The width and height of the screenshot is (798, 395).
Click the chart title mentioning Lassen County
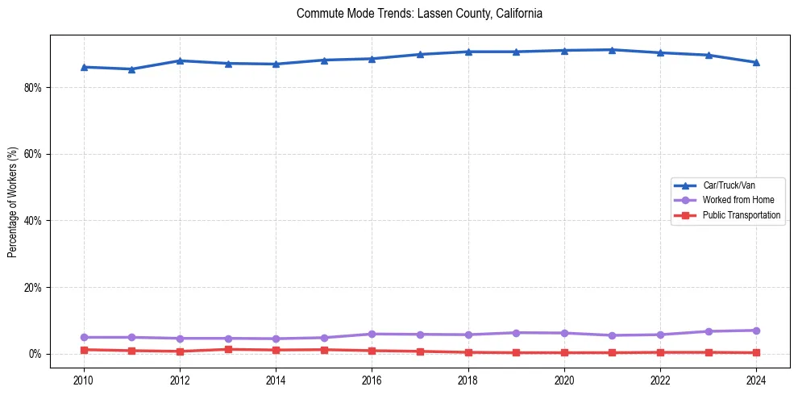[x=419, y=14]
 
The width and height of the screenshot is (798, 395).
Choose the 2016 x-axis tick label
[x=372, y=380]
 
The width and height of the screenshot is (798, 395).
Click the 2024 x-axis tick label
[x=756, y=380]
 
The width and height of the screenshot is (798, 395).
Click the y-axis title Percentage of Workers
[x=13, y=202]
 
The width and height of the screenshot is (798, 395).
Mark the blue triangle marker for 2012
[x=180, y=60]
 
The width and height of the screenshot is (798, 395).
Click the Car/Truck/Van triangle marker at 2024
[x=756, y=62]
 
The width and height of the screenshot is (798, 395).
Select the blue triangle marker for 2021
[x=612, y=50]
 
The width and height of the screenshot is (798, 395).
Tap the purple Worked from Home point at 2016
[x=372, y=334]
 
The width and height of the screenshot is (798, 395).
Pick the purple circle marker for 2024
[x=756, y=331]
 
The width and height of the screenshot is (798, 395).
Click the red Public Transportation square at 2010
[x=84, y=350]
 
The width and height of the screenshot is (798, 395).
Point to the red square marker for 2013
[x=228, y=349]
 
